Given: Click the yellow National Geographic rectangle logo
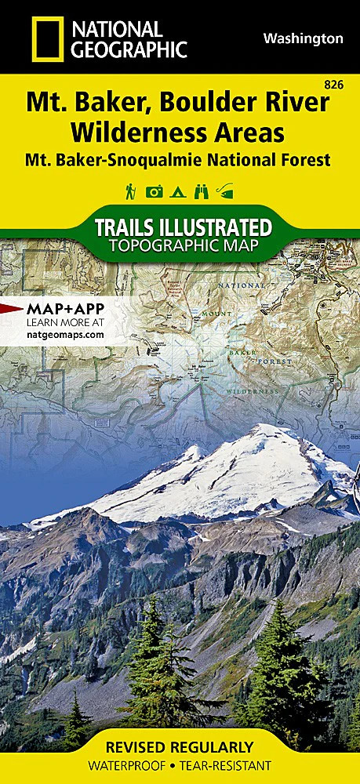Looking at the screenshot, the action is click(46, 39).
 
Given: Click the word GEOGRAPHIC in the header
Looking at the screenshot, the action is click(130, 49).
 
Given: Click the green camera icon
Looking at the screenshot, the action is click(155, 192).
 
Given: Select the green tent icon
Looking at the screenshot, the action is click(180, 192).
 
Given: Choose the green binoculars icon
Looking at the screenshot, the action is click(202, 192).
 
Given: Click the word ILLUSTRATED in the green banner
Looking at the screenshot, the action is click(214, 228).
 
